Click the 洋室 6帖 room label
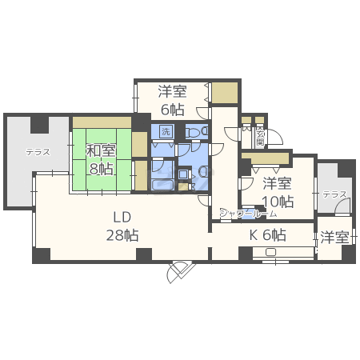[x=171, y=100]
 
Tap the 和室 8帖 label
[x=101, y=158]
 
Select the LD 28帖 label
[x=122, y=226]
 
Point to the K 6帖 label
[x=267, y=235]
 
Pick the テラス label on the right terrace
[x=334, y=194]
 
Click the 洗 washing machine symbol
[x=166, y=131]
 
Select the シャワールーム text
[x=249, y=214]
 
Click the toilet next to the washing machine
[x=195, y=132]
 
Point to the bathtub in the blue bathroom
[x=165, y=183]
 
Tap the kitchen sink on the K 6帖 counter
[x=270, y=253]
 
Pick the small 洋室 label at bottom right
[x=334, y=237]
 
